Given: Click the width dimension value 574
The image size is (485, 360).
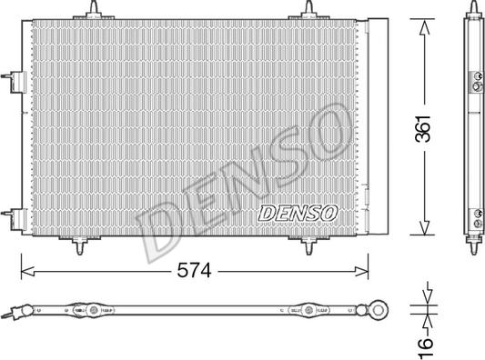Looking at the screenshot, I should coord(195,270).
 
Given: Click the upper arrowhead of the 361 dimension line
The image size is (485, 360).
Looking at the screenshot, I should coord(422,25).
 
